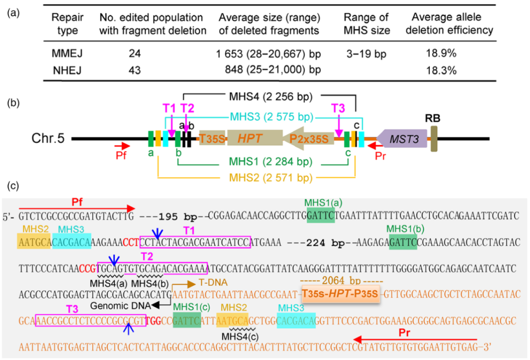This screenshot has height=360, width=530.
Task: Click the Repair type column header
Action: point(65,24)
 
